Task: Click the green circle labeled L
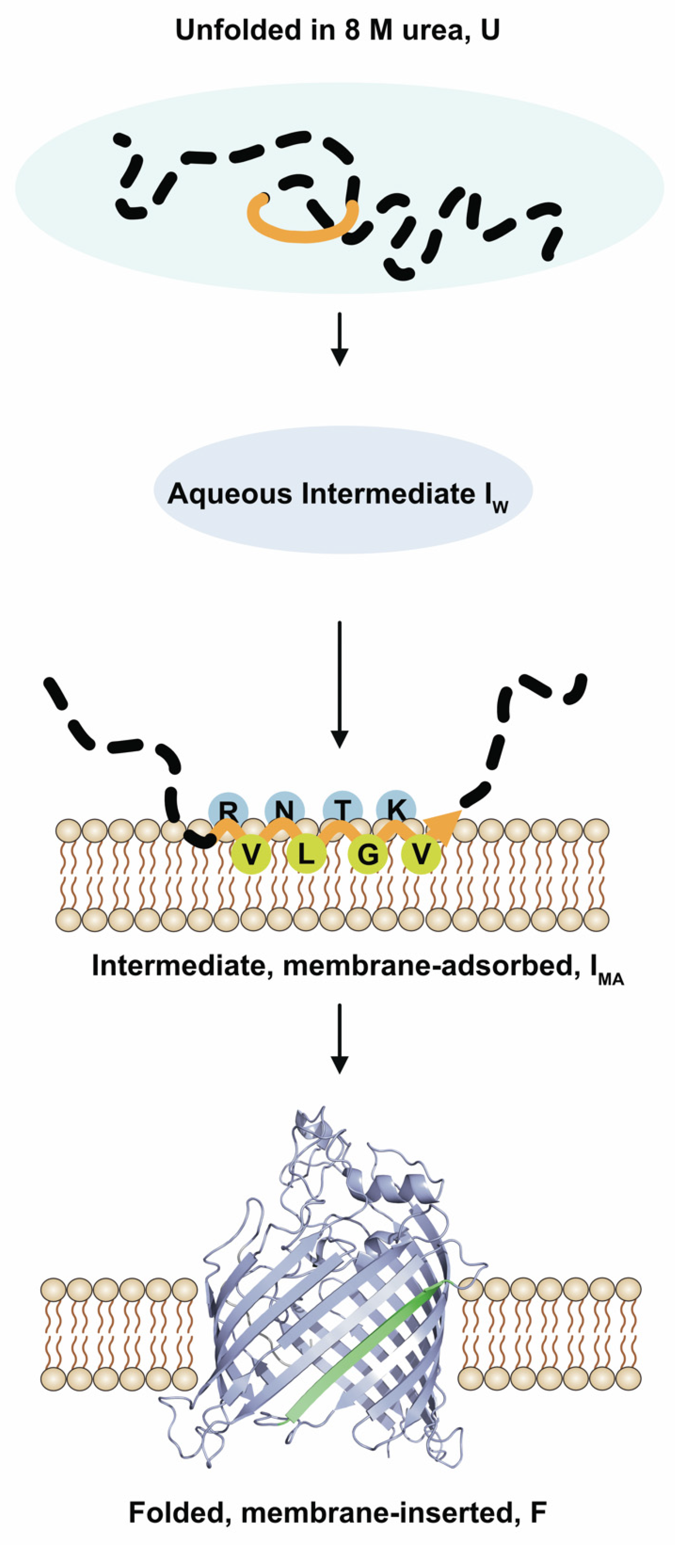click(306, 853)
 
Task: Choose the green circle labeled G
click(367, 854)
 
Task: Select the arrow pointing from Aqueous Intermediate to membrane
click(339, 684)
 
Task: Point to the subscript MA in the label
click(611, 980)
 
